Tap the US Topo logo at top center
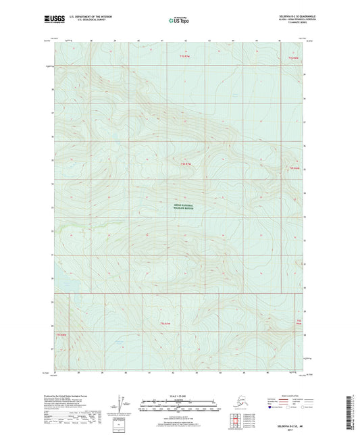pos(180,22)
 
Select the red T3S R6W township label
pos(292,58)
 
